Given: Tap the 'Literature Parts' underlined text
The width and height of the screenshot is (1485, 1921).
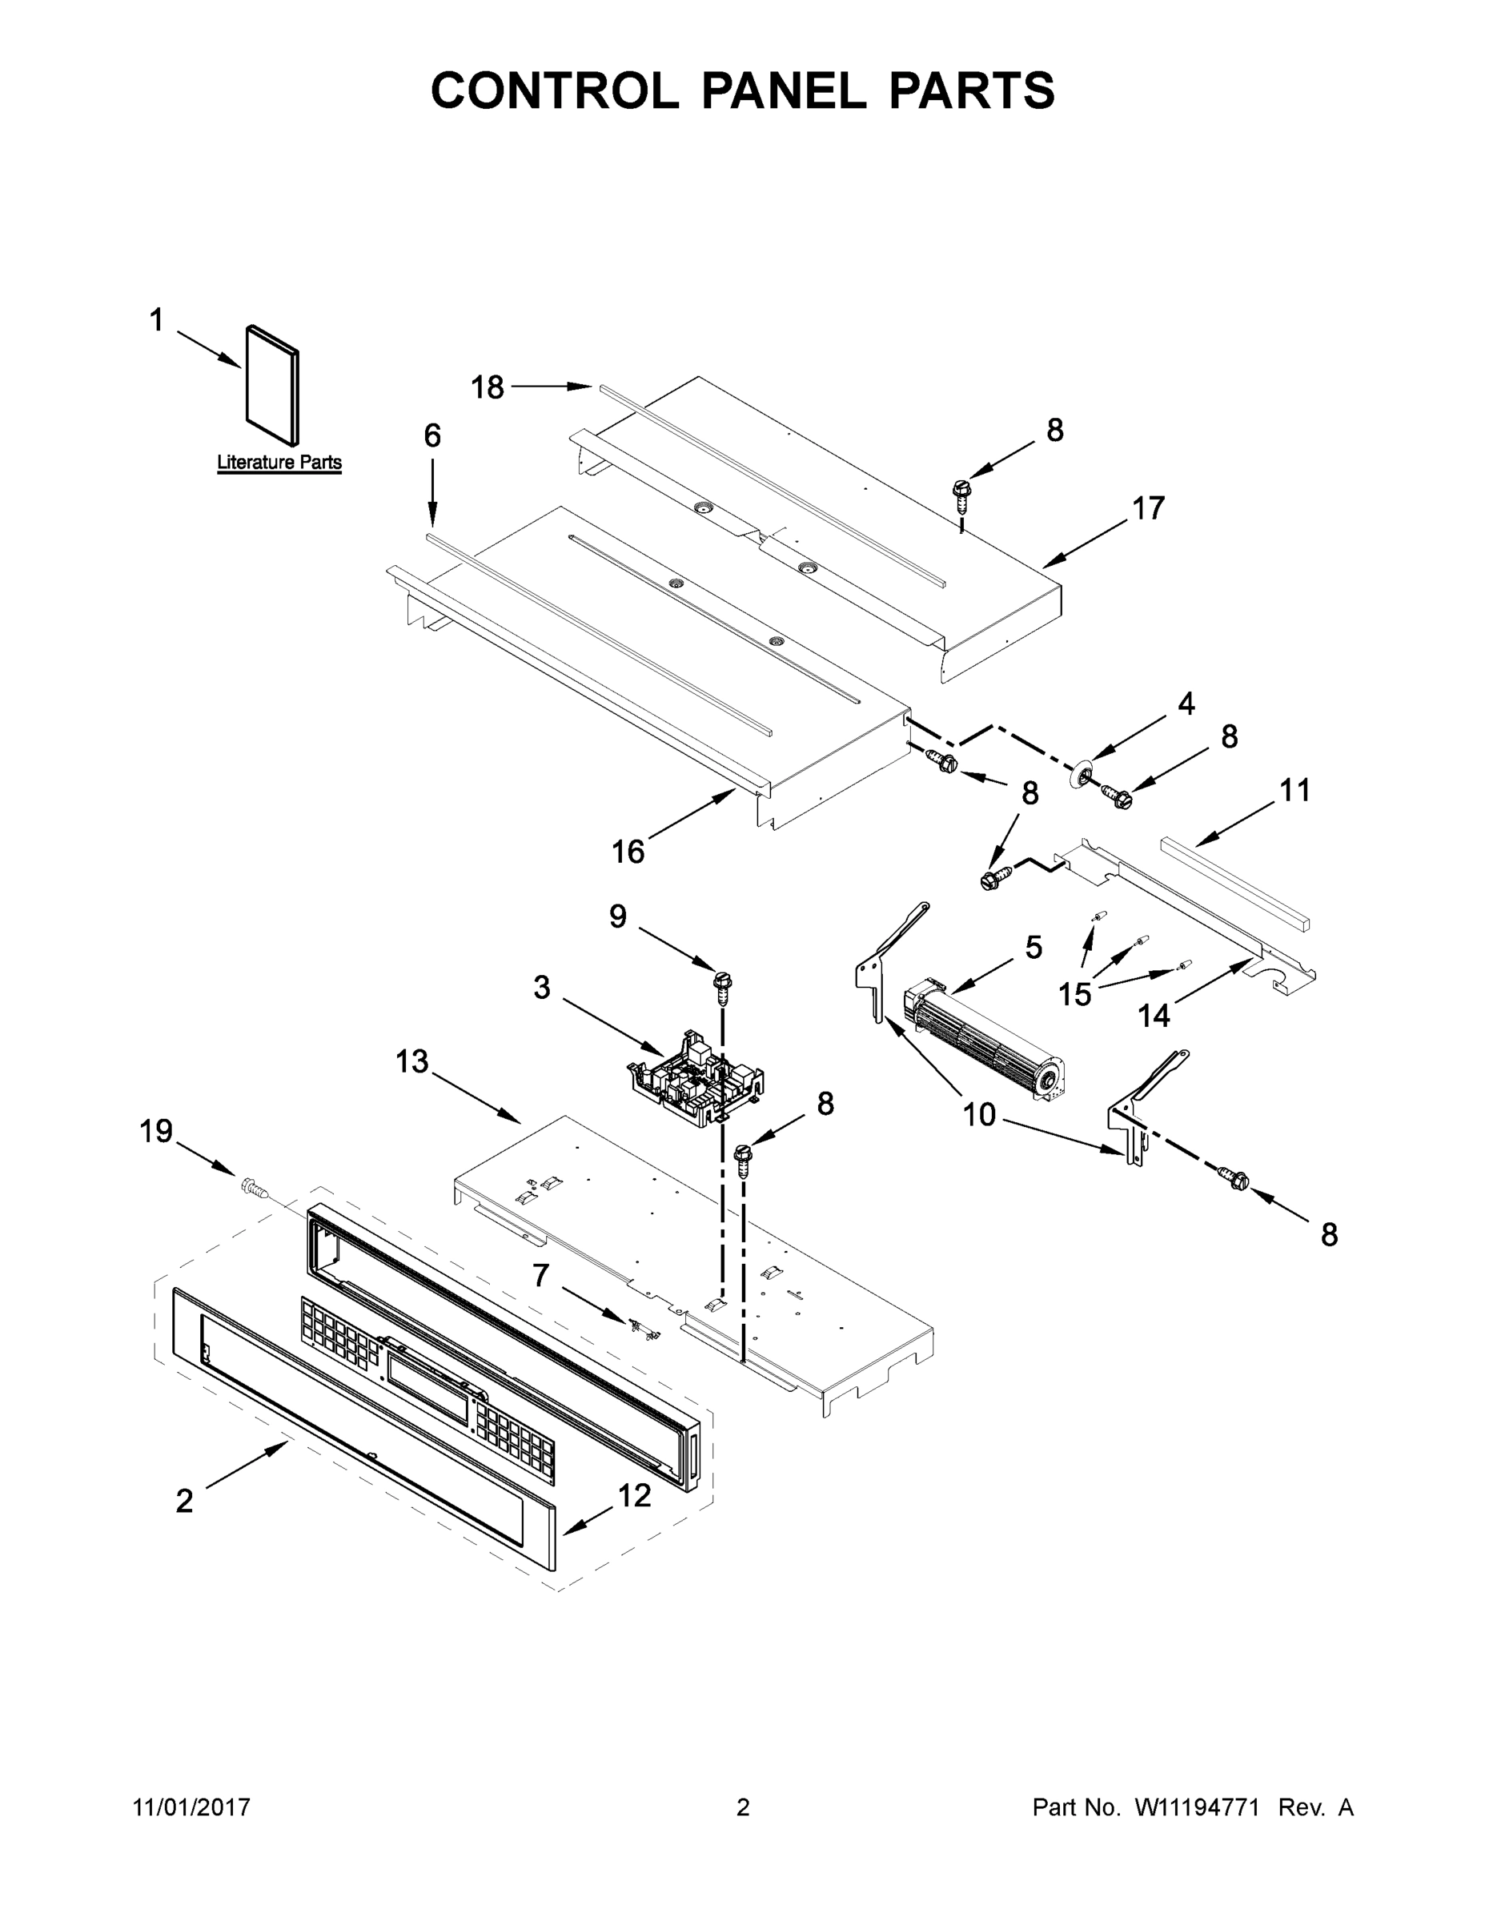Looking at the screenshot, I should [x=279, y=463].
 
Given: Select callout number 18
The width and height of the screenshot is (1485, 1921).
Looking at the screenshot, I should [x=488, y=387].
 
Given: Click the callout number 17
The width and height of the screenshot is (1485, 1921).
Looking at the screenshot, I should [x=1148, y=508].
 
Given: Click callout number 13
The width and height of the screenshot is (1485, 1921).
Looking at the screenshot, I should [x=411, y=1061].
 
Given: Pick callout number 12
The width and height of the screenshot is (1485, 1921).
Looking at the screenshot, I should [x=634, y=1494].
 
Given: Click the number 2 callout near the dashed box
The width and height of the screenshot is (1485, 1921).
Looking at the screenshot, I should [x=184, y=1501].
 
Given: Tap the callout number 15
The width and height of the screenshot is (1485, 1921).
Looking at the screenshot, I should [x=1074, y=995].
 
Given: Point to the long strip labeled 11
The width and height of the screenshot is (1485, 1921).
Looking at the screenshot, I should [x=1234, y=883].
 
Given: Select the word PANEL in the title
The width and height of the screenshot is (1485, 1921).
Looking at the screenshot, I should [x=783, y=90].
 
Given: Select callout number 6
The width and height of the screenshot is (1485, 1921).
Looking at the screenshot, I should [x=432, y=435].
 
